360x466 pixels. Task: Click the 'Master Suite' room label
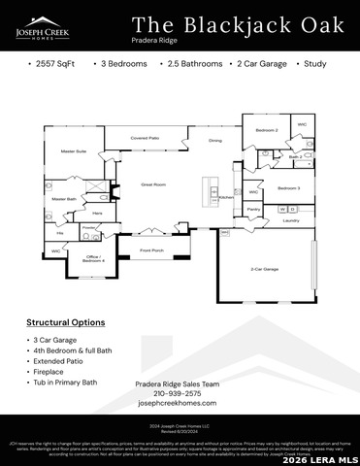[75, 151]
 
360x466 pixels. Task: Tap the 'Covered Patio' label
[145, 138]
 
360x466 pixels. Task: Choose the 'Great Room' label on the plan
[154, 183]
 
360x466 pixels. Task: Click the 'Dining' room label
[214, 141]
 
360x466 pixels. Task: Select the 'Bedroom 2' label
[267, 130]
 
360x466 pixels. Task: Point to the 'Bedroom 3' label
[288, 187]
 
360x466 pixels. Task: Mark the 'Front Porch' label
[152, 250]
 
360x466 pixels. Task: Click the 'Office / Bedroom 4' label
[93, 258]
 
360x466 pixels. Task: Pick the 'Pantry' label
[253, 209]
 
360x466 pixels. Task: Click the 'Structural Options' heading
[66, 321]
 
